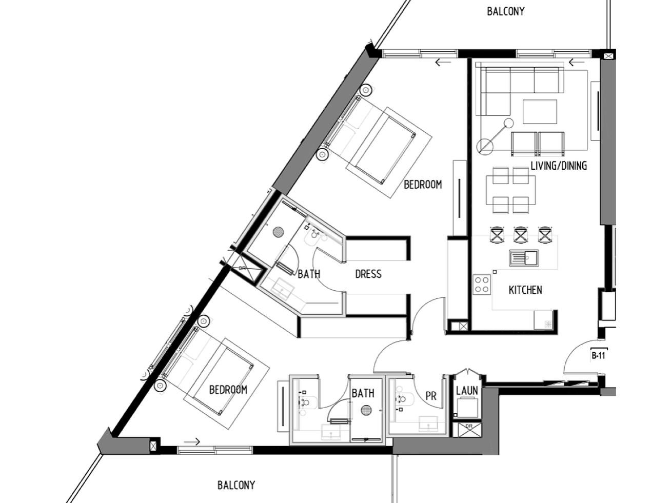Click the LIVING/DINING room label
tap(559, 166)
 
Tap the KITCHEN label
tap(525, 290)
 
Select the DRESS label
tap(368, 274)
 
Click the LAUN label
tap(467, 390)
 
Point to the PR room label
tap(431, 396)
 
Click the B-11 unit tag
tap(598, 355)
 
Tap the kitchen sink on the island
tap(524, 258)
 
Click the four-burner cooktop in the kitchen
tap(482, 285)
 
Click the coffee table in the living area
tap(540, 111)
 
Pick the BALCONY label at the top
tap(506, 12)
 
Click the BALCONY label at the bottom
tap(236, 485)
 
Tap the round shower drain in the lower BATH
tap(366, 410)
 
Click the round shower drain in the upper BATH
tap(278, 232)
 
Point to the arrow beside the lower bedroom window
tap(192, 441)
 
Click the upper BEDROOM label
tap(423, 185)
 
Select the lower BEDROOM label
tap(228, 390)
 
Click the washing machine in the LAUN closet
tap(467, 407)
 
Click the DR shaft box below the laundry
tap(470, 430)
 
